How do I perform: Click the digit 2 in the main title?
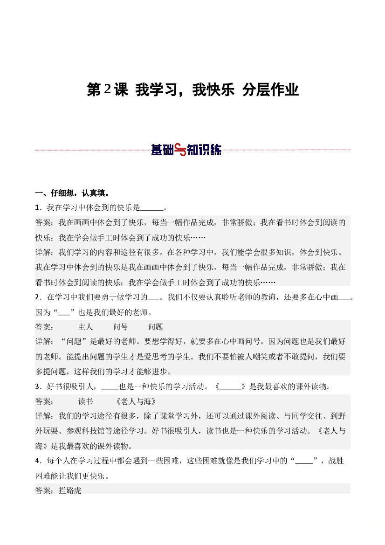(x=107, y=90)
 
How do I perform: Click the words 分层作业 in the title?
(x=270, y=90)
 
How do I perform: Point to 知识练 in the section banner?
(x=204, y=150)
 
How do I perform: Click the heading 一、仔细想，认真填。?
(x=72, y=193)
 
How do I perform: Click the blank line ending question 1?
(x=152, y=208)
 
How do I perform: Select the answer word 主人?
(x=86, y=327)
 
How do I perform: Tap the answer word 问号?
(x=120, y=327)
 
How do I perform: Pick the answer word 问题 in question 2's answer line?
(x=156, y=327)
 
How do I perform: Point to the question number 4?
(x=37, y=461)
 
